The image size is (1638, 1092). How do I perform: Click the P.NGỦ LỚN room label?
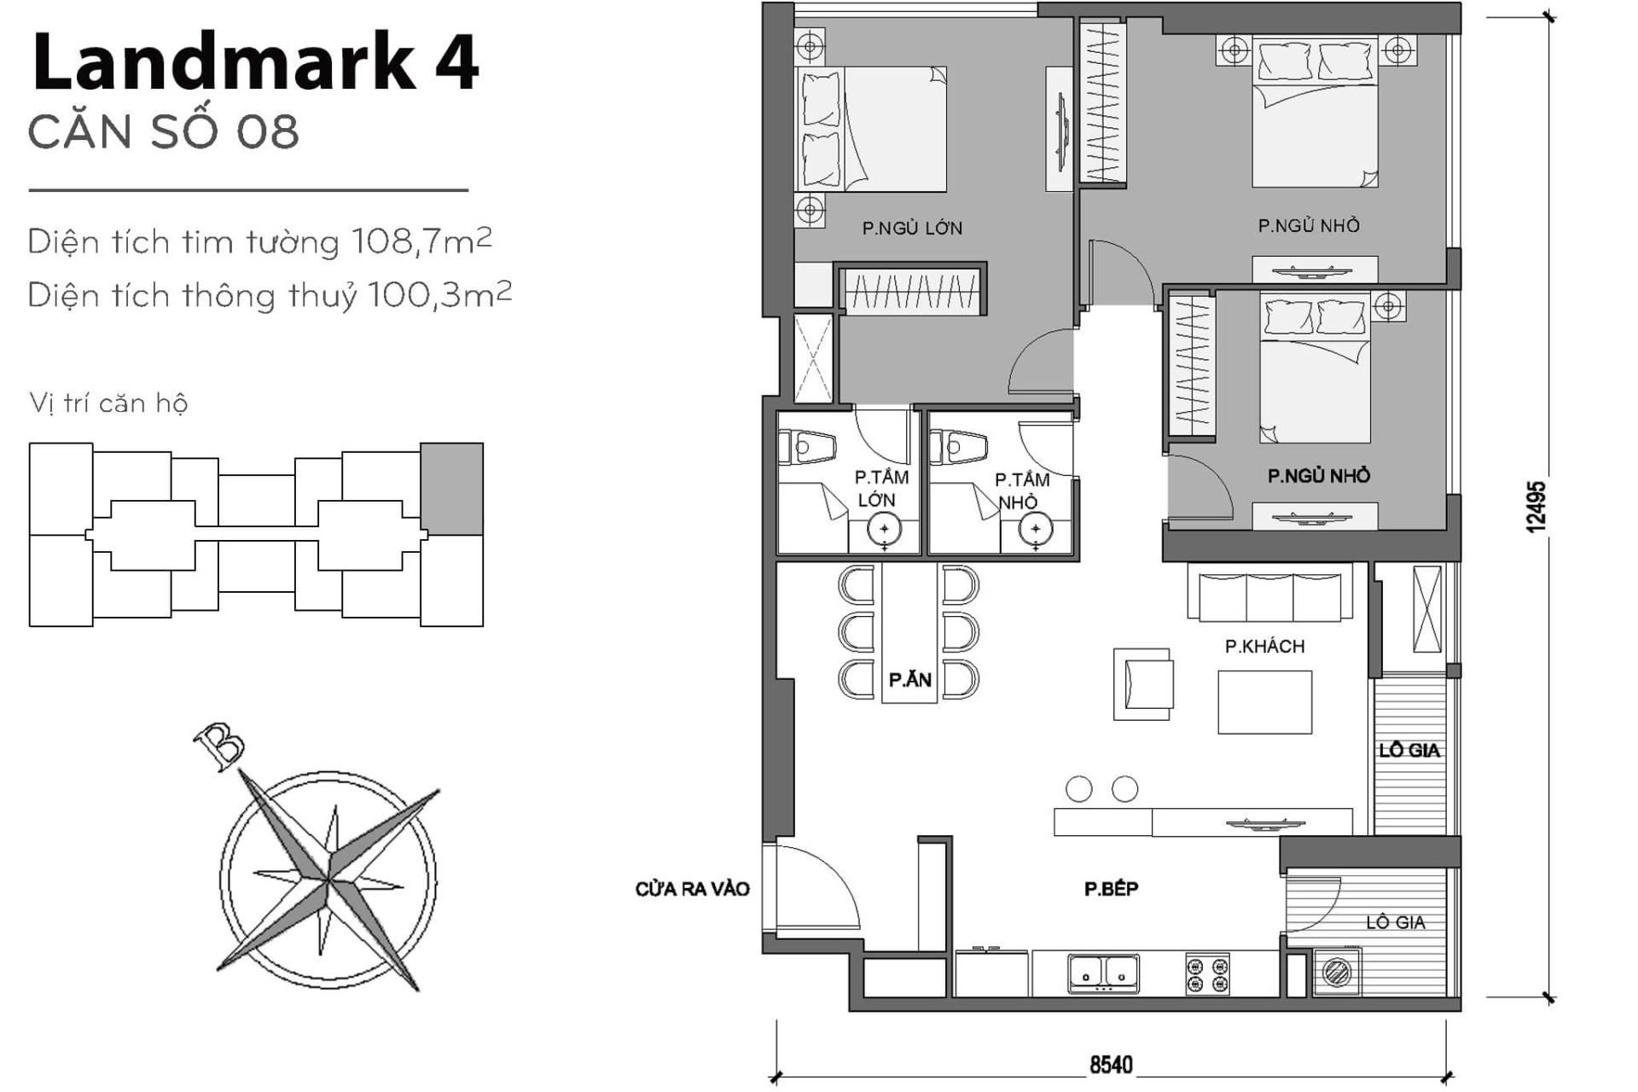pyautogui.click(x=912, y=228)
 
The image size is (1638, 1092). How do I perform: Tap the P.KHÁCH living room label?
pyautogui.click(x=1264, y=647)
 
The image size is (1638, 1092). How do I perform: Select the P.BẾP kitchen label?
pyautogui.click(x=1111, y=889)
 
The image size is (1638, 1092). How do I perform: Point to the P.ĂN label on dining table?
pyautogui.click(x=909, y=680)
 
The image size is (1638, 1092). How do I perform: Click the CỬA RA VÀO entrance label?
pyautogui.click(x=692, y=889)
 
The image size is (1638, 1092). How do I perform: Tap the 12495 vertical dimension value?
pyautogui.click(x=1536, y=508)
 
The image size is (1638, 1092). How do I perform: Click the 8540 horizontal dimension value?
pyautogui.click(x=1111, y=1066)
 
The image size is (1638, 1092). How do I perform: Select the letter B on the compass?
pyautogui.click(x=218, y=747)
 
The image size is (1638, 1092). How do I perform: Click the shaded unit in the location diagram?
pyautogui.click(x=452, y=489)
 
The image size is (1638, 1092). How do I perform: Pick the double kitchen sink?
pyautogui.click(x=1103, y=973)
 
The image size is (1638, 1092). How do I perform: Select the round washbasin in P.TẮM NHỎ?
pyautogui.click(x=1035, y=531)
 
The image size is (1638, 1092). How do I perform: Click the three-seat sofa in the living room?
pyautogui.click(x=1269, y=595)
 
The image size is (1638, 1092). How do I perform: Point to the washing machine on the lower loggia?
pyautogui.click(x=1336, y=972)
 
